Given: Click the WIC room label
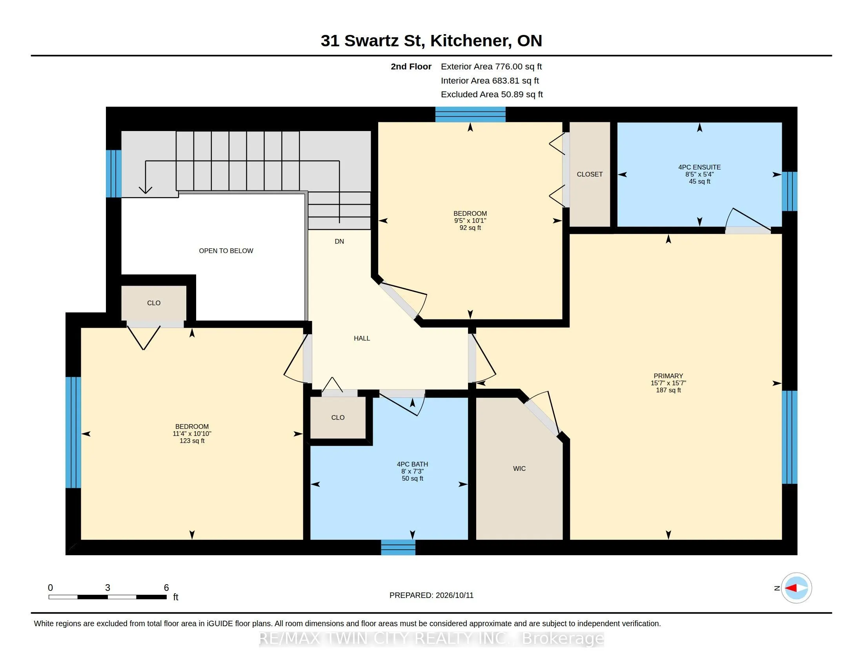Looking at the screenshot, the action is (519, 468).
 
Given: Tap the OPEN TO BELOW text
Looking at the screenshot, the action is (226, 251).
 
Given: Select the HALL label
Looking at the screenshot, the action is (362, 338).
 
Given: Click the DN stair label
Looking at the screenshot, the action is (339, 241).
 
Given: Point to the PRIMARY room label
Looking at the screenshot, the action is (668, 376).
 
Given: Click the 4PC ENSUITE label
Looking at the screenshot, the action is (699, 167).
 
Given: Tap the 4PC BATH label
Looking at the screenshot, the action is (413, 464).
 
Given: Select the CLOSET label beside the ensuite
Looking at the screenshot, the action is (590, 174).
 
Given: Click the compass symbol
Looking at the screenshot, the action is (796, 588).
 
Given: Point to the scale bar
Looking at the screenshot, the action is (107, 597).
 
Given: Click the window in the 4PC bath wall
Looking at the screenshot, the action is (398, 547).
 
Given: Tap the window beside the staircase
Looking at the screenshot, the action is (113, 173).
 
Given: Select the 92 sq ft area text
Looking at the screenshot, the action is (470, 228).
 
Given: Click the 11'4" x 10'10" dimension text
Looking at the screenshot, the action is (192, 434).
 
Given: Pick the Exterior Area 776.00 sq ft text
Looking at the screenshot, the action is (491, 67).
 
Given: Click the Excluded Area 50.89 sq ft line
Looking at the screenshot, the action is (492, 95).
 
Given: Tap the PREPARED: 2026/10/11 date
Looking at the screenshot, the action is (431, 595).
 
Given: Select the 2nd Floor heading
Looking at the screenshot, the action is (411, 67).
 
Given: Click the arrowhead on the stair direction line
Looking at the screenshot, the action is (146, 190).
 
